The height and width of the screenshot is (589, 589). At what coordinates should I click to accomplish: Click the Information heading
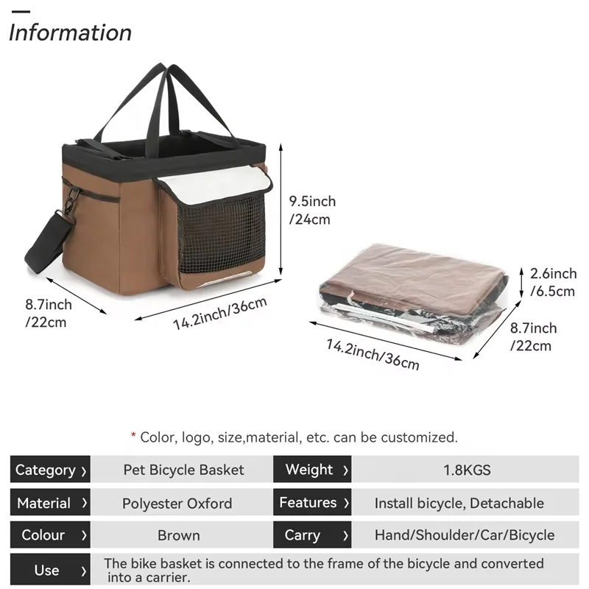point(71,33)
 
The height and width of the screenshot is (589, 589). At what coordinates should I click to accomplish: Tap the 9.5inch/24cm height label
point(311,210)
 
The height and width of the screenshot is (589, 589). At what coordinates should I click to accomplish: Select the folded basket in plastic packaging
point(412,291)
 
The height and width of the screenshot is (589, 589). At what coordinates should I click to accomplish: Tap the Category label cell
point(50,470)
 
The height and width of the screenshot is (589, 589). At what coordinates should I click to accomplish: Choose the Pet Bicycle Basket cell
point(183,470)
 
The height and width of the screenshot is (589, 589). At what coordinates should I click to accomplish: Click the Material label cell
point(50,504)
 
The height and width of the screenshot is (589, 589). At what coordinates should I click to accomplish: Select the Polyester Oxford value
point(177,504)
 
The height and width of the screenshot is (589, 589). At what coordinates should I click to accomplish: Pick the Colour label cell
point(50,535)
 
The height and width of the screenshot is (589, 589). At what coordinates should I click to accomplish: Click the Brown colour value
point(179,535)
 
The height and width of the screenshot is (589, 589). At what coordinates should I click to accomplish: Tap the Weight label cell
point(313,470)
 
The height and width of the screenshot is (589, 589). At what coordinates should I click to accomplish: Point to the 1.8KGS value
point(465,470)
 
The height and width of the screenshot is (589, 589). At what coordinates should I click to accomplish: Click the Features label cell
point(313,504)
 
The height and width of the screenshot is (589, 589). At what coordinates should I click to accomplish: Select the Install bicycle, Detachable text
point(459,504)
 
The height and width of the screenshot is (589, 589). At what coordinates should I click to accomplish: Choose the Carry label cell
point(313,535)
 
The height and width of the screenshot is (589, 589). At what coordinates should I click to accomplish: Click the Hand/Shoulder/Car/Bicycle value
point(465,535)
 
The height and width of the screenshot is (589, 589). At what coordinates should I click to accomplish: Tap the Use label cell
point(50,571)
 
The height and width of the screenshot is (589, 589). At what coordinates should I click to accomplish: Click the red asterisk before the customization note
point(133,437)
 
